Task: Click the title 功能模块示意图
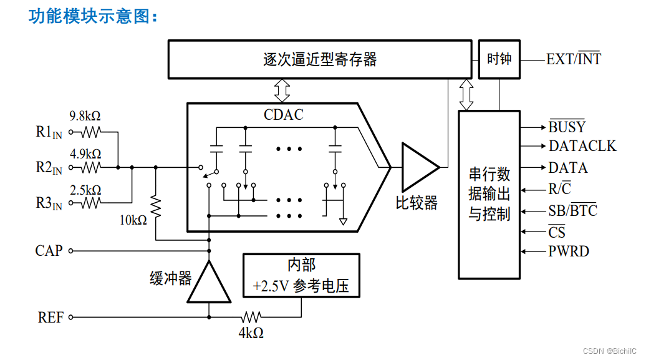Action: (94, 17)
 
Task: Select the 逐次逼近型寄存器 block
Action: (320, 59)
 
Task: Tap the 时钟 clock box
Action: (499, 59)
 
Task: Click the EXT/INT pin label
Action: (574, 60)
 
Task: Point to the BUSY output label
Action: (567, 127)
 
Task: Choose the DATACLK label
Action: (582, 146)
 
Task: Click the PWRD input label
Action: (569, 252)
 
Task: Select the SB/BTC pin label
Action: (572, 210)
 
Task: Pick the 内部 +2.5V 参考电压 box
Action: (301, 275)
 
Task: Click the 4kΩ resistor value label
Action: (251, 333)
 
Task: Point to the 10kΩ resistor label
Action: (133, 220)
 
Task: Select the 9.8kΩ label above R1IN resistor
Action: (85, 116)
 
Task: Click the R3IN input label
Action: (49, 203)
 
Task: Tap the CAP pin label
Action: (49, 251)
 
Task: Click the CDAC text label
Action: (284, 115)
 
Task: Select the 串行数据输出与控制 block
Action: (489, 194)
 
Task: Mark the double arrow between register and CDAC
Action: (282, 91)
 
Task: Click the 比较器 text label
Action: (417, 203)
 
